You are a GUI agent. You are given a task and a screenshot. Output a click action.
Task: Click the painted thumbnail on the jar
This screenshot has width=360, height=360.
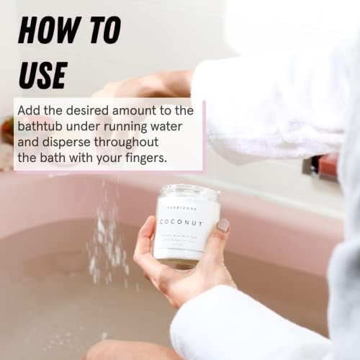[x=223, y=225]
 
